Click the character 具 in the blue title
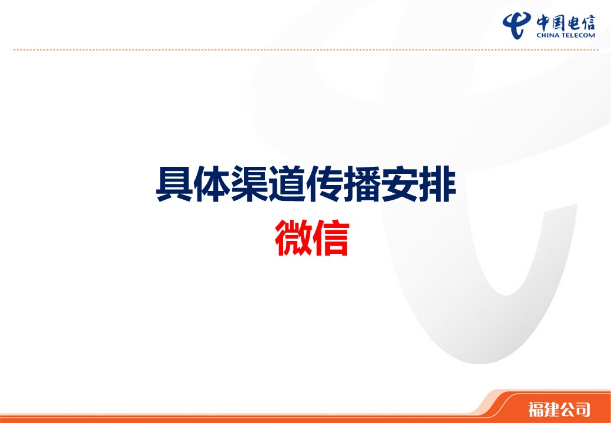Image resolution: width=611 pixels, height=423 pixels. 174,184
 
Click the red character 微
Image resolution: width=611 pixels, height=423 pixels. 293,238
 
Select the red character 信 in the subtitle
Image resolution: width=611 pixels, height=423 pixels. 330,238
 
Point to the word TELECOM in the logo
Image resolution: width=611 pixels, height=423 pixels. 578,35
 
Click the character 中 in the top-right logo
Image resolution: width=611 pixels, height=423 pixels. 543,22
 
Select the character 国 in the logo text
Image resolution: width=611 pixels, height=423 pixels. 558,22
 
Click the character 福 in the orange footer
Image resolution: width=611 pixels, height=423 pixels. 536,409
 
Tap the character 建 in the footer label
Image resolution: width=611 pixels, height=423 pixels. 552,409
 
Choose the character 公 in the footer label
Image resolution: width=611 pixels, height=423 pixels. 567,409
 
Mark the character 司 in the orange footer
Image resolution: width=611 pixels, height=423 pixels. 582,409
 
